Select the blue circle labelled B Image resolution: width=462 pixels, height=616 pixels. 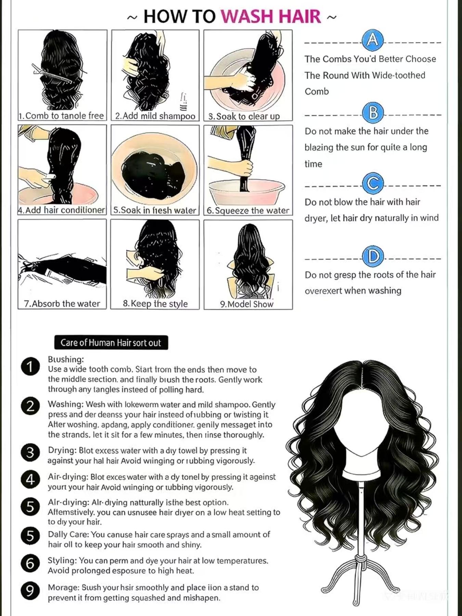tap(373, 113)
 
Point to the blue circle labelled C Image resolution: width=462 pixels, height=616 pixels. tap(373, 184)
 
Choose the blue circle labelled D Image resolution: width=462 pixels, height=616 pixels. tap(373, 256)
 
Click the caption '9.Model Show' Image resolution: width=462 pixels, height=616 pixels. tap(247, 304)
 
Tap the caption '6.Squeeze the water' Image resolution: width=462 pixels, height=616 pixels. tap(248, 210)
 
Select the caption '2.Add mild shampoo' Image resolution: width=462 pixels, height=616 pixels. tap(155, 116)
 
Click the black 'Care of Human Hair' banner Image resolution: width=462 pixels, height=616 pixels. tap(111, 343)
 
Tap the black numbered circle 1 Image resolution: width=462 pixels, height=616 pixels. tap(30, 367)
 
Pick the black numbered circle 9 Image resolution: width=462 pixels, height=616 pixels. tap(30, 591)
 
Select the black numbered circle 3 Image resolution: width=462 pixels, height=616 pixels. tap(30, 452)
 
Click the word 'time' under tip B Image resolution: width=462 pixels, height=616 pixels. tap(313, 164)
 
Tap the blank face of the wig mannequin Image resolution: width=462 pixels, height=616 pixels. tap(362, 424)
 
